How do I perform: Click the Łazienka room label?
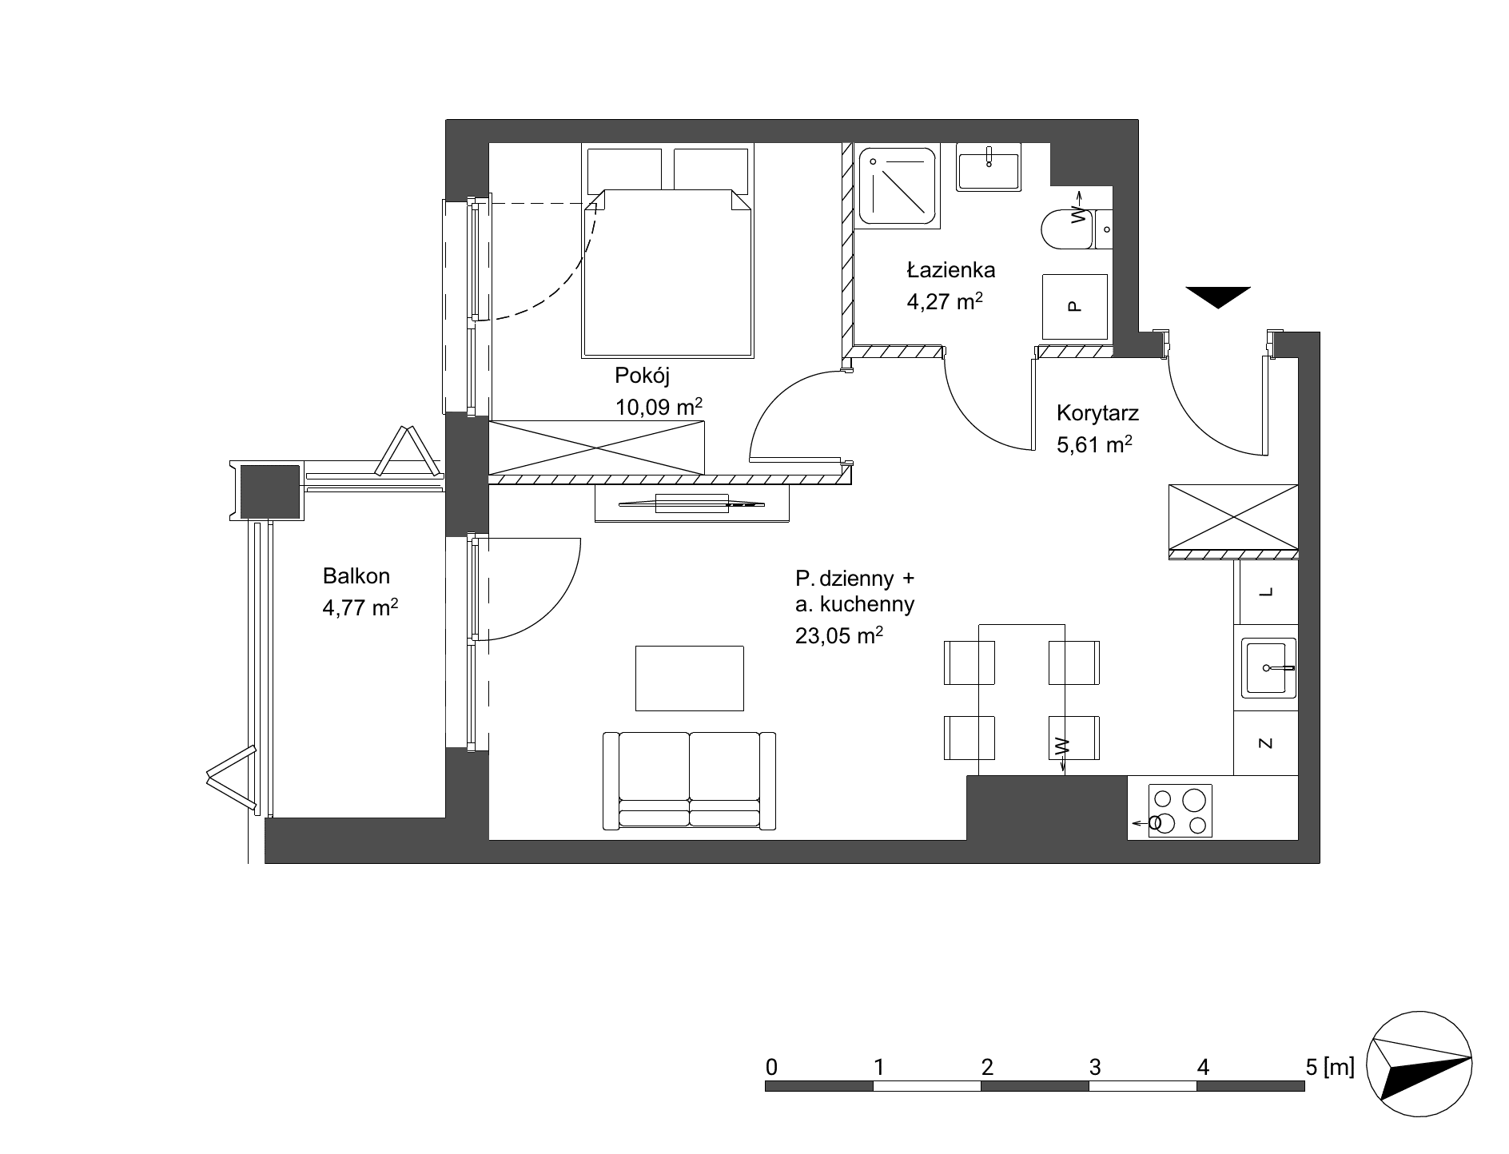tap(950, 269)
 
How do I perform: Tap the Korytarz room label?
tap(1097, 413)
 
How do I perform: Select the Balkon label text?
tap(356, 575)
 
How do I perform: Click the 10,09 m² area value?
tap(659, 407)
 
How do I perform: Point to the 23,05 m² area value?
tap(839, 635)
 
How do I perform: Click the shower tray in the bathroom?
tap(898, 185)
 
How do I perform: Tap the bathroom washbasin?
tap(989, 167)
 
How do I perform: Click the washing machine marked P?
tap(1075, 306)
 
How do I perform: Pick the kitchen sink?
tap(1268, 667)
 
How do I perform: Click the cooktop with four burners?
tap(1180, 810)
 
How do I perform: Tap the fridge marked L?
tap(1265, 592)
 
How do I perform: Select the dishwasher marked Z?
tap(1265, 743)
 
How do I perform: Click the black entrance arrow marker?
tap(1217, 296)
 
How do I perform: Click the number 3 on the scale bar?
tap(1095, 1067)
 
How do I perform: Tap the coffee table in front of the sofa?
tap(689, 678)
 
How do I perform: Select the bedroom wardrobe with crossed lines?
tap(596, 448)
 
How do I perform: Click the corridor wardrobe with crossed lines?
tap(1232, 517)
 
